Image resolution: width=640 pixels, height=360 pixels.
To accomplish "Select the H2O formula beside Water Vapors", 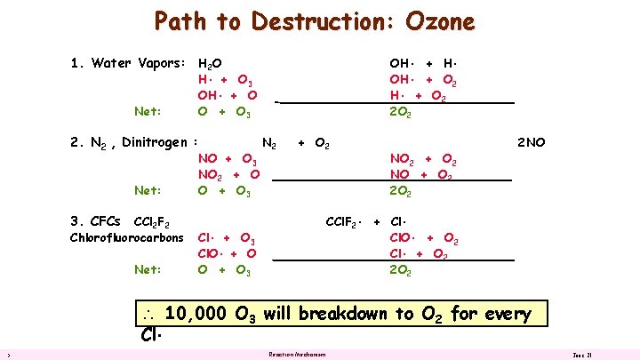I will [210, 64].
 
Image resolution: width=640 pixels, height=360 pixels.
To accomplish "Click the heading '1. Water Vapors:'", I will [127, 63].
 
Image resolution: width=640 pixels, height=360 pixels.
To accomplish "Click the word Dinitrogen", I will [155, 142].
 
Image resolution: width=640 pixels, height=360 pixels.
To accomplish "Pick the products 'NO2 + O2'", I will [423, 160].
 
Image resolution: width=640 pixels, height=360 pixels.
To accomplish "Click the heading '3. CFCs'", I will [96, 220].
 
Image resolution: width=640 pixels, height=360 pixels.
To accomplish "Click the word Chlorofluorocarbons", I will [126, 237].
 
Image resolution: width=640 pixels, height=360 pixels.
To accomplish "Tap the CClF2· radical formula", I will [343, 221].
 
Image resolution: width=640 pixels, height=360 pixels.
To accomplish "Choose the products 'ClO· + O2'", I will [423, 237].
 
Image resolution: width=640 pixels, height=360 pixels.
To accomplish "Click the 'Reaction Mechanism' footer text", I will [297, 355].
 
